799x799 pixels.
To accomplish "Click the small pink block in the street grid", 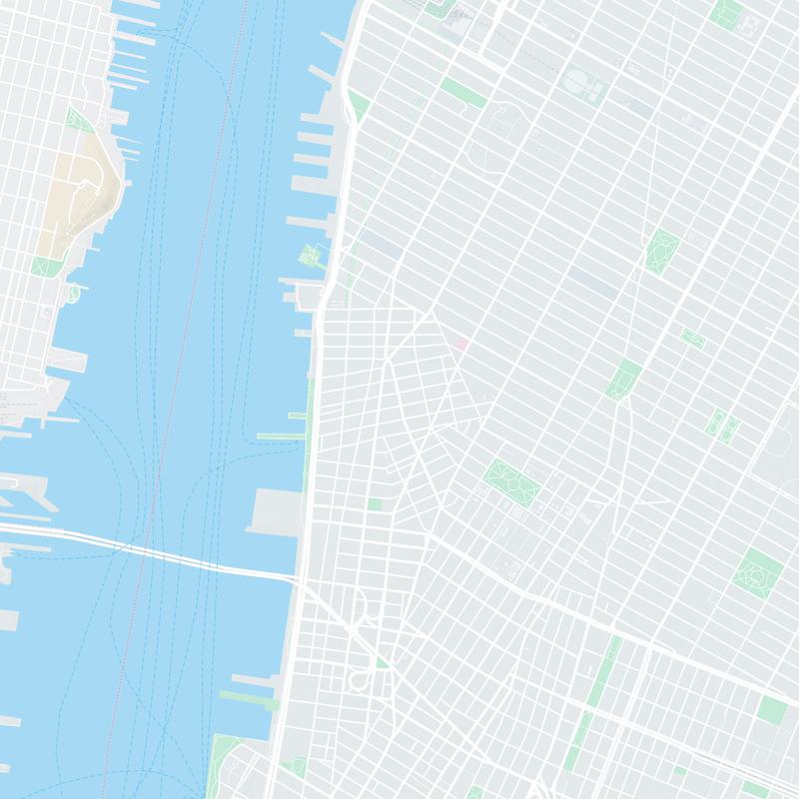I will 461,343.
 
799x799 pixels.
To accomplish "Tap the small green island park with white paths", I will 312,256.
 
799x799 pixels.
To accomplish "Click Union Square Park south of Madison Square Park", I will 624,379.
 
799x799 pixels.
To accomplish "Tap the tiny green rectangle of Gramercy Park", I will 693,339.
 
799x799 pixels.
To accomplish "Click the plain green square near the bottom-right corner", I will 772,710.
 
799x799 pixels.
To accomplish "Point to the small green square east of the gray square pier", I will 375,504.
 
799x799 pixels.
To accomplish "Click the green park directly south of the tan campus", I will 45,267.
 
